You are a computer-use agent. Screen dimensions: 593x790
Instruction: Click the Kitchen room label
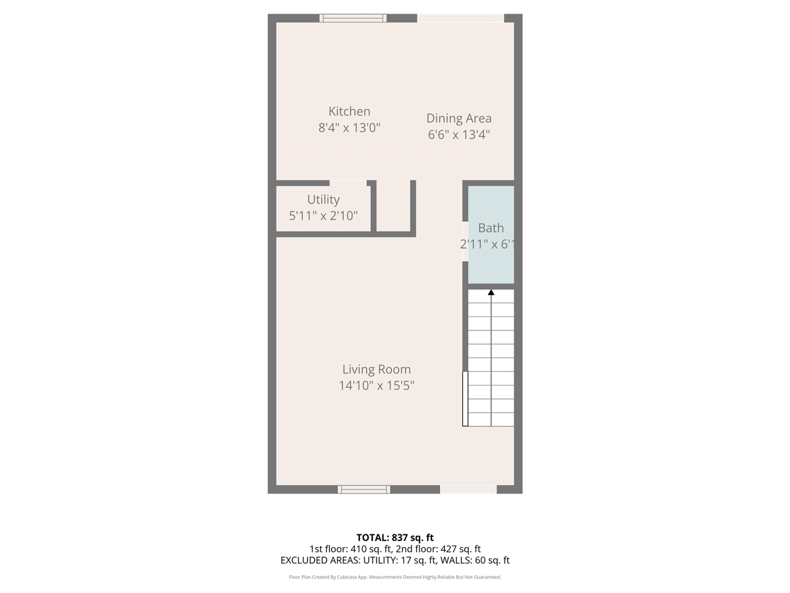349,112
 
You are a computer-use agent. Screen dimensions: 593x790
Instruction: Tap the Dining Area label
459,119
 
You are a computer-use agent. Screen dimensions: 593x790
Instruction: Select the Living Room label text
376,369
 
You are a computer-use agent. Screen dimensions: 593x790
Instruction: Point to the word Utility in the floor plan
323,200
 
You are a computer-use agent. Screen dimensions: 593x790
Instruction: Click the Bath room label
491,228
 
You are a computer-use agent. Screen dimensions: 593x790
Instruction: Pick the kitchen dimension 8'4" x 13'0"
349,128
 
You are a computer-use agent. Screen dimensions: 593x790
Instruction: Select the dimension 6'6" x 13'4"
459,135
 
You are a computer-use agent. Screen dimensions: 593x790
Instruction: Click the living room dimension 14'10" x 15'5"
376,385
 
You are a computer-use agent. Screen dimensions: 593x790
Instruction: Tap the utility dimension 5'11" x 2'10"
323,216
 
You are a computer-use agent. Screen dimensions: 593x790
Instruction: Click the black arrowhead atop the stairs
491,293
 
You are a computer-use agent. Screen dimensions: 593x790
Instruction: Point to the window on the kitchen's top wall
353,19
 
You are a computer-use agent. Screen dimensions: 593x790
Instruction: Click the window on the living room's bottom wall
364,489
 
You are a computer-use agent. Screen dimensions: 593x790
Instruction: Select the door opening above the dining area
460,19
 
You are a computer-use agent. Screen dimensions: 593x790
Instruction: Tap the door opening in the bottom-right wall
468,489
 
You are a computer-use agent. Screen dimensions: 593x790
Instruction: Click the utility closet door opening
348,183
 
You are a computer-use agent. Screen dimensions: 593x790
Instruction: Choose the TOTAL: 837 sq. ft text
395,537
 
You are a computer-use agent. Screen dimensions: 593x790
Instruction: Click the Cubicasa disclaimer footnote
395,577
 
